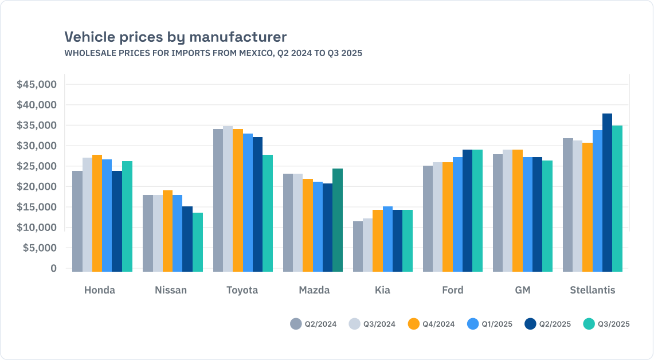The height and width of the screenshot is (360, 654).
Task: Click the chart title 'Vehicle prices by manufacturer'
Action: [x=175, y=37]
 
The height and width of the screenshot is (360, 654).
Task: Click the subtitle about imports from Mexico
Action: [x=213, y=53]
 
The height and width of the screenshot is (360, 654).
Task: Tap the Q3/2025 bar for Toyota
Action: [x=268, y=213]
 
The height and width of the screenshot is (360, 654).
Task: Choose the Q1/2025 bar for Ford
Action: [x=457, y=214]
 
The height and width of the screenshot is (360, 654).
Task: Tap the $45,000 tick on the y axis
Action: [x=37, y=85]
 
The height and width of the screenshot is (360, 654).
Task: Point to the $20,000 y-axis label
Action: [x=37, y=187]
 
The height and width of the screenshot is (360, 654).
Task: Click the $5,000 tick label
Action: [x=39, y=248]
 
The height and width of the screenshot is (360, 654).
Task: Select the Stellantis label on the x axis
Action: [x=592, y=290]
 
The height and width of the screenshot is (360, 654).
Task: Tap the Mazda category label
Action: [x=314, y=290]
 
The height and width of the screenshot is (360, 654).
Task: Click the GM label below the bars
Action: [x=522, y=290]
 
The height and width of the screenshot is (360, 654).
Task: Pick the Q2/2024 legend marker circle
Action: [x=296, y=324]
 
